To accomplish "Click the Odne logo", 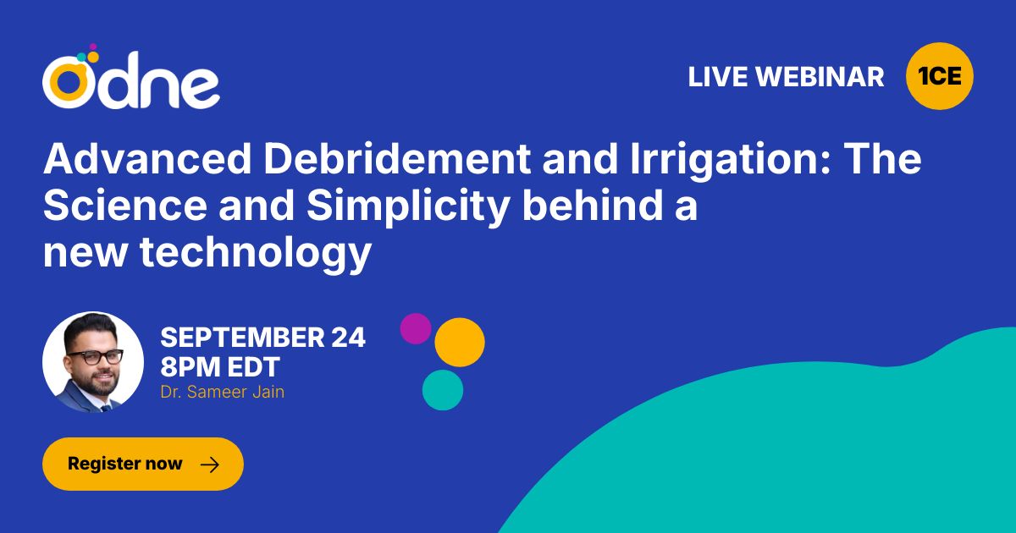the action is [x=130, y=77].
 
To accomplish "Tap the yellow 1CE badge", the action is [x=939, y=76].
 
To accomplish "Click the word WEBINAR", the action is [x=820, y=77].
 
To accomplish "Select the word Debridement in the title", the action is [x=397, y=159].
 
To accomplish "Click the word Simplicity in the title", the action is [x=408, y=206].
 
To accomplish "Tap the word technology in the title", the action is [x=256, y=253].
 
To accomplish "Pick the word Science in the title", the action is [x=125, y=206].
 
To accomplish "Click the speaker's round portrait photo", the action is [x=93, y=362].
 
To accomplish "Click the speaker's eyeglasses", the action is [x=95, y=357].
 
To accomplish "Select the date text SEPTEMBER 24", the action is [x=263, y=338].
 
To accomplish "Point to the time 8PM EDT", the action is [x=220, y=366].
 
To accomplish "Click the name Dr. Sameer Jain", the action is [x=222, y=392].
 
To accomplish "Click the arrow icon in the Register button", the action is [x=210, y=464].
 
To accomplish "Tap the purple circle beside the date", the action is [x=416, y=328].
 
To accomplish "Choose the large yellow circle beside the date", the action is [x=460, y=342].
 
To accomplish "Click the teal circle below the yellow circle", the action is [x=443, y=390].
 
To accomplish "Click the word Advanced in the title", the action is [x=148, y=159].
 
